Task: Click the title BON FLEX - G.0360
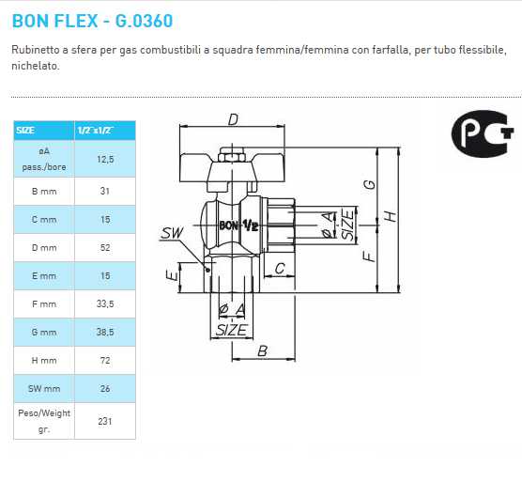[92, 20]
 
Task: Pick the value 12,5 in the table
[105, 160]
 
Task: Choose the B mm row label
[44, 191]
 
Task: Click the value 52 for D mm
[105, 247]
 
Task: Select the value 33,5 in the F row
[105, 303]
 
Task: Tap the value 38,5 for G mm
[105, 333]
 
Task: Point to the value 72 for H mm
[105, 360]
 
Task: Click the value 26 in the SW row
[105, 388]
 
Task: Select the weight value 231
[105, 421]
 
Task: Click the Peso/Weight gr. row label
[44, 421]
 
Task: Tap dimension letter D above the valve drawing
[234, 119]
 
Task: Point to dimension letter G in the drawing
[370, 184]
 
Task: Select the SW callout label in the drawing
[172, 232]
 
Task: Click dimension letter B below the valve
[263, 350]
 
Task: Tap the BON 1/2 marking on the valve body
[239, 225]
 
